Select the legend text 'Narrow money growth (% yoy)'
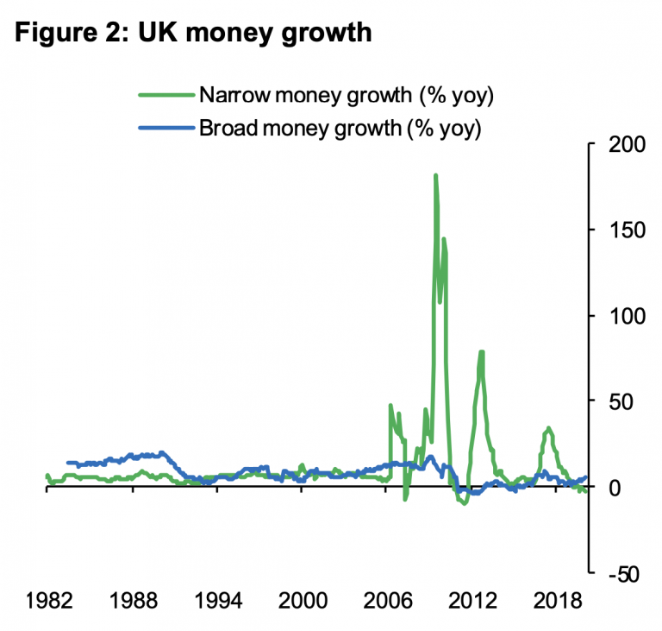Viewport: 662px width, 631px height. pos(346,95)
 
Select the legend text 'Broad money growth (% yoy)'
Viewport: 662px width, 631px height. pos(340,129)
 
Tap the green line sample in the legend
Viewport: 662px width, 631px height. pos(166,95)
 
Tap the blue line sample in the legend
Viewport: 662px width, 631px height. pos(166,129)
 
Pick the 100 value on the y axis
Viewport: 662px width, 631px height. pos(625,316)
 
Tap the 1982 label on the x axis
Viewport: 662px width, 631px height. pos(47,602)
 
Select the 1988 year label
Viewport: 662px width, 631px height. pos(133,602)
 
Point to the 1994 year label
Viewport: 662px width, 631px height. pos(217,602)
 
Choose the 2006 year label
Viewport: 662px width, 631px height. pos(387,602)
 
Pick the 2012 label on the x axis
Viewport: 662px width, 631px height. pos(472,602)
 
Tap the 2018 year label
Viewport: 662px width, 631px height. pos(556,602)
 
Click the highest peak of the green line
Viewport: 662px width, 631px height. pos(435,175)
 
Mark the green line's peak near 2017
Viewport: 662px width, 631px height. pos(547,428)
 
